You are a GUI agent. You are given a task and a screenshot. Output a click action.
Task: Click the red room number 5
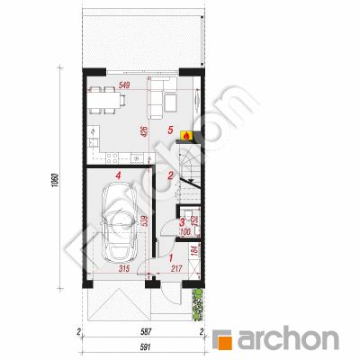170,130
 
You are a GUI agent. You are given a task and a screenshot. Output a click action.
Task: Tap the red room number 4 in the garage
119,175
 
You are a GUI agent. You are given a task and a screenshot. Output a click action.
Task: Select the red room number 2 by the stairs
170,175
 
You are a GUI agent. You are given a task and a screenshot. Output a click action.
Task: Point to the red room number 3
182,222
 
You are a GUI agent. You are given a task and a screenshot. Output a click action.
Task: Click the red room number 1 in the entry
171,257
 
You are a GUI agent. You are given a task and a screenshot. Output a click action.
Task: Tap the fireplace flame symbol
186,136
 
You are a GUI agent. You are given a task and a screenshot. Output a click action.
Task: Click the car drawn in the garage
119,222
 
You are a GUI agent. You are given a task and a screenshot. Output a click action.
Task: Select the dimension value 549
124,85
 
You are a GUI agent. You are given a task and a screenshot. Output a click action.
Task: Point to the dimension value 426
146,132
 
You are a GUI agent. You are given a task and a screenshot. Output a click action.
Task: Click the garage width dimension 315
124,268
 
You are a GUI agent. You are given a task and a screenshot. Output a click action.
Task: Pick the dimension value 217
176,268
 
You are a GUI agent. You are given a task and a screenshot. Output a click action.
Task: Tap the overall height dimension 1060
55,180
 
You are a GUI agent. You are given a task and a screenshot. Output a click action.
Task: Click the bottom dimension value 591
145,347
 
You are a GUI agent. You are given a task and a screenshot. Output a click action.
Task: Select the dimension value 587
145,332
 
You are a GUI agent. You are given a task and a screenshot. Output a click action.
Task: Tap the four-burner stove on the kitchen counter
112,157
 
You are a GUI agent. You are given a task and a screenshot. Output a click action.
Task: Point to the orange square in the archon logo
225,342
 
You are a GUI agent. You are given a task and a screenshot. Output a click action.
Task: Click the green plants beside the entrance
198,304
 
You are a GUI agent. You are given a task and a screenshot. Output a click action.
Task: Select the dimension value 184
194,251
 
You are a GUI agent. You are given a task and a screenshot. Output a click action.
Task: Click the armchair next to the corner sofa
171,102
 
